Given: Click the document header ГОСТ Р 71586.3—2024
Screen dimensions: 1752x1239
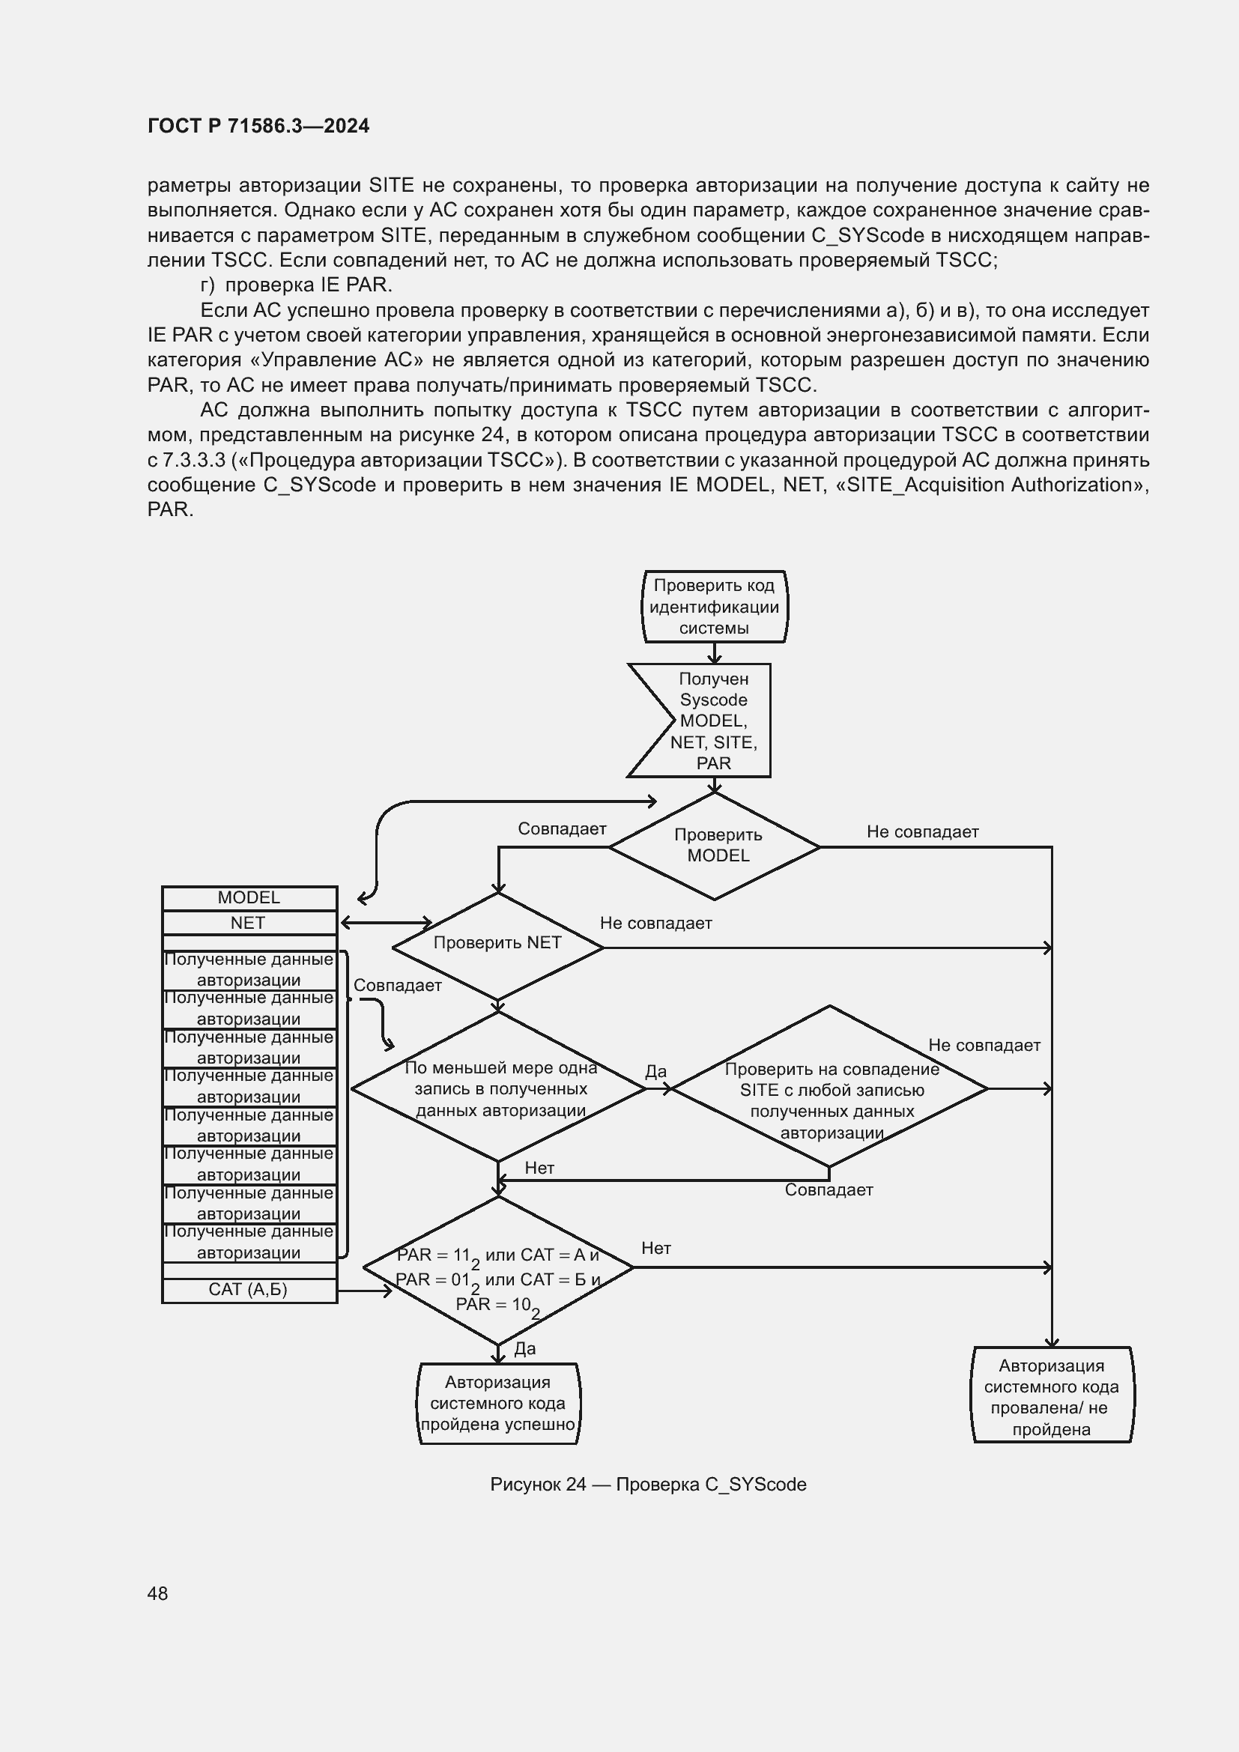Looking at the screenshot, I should (258, 126).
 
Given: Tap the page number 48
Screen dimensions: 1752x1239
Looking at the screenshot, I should (158, 1593).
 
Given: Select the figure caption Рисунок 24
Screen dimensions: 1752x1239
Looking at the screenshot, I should (648, 1484).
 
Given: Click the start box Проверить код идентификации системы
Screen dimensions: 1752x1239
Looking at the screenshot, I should (714, 607).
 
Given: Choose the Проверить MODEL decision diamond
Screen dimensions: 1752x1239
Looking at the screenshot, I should (715, 846).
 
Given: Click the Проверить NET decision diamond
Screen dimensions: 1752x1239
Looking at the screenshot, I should (497, 944).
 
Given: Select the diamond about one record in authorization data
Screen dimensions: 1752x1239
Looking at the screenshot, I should (499, 1089).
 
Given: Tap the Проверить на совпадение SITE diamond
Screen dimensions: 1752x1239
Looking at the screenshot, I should (830, 1089).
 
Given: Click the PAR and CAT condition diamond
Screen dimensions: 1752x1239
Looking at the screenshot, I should (498, 1269).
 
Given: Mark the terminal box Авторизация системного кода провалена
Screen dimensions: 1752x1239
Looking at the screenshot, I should (1051, 1397).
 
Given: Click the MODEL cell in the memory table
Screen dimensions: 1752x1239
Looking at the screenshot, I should (249, 898).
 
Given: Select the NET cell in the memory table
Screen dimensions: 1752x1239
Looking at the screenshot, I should (249, 924).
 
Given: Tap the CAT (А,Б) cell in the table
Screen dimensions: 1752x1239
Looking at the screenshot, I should (249, 1290).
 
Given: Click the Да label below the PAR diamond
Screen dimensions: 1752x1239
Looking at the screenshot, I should (525, 1348).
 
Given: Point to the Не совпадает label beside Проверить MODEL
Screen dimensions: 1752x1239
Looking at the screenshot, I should (922, 831).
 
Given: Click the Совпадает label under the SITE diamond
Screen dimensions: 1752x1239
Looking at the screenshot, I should (828, 1189).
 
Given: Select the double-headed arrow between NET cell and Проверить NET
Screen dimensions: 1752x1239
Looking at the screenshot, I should (386, 924).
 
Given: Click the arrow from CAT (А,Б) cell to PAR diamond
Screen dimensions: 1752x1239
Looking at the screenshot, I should (364, 1291).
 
